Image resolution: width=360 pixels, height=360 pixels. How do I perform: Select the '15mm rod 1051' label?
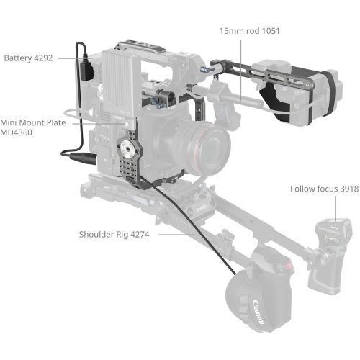[250, 31]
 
